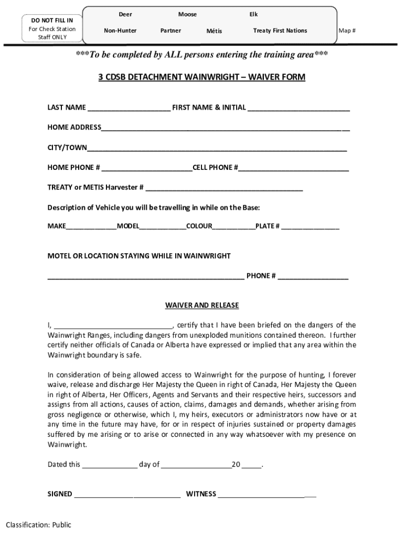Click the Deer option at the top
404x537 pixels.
click(125, 15)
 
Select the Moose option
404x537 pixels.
click(187, 15)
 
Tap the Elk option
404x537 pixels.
click(253, 15)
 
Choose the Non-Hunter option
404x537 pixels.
click(120, 31)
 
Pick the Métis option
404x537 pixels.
click(214, 31)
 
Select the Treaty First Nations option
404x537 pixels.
click(280, 31)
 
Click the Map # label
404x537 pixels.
click(347, 31)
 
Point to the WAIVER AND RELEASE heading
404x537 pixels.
click(202, 305)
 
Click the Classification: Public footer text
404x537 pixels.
click(38, 525)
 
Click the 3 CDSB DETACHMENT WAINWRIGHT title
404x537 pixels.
click(202, 77)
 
